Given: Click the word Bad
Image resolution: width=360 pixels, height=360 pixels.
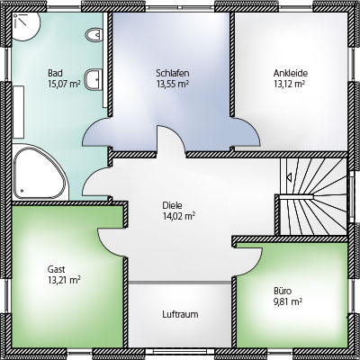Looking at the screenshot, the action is click(55, 73).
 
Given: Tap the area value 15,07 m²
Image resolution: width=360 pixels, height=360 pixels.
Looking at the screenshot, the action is click(64, 84).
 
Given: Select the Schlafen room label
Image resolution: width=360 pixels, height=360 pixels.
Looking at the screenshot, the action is click(173, 73).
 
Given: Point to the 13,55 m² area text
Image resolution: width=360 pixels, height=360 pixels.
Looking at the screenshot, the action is click(172, 84).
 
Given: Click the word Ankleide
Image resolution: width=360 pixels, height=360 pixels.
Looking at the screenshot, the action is click(291, 73).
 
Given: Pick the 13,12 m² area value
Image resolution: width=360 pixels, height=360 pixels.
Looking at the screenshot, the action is click(289, 84).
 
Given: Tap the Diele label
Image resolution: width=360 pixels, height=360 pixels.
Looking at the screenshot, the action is click(172, 205).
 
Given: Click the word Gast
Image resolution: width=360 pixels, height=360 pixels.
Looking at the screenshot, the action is click(56, 269).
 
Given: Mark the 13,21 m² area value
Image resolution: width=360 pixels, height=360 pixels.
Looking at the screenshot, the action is click(64, 280).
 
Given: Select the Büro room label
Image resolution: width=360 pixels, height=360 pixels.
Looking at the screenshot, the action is click(283, 291).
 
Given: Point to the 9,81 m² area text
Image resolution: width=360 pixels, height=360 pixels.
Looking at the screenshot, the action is click(287, 301).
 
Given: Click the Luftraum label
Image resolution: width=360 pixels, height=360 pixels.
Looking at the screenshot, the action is click(180, 314).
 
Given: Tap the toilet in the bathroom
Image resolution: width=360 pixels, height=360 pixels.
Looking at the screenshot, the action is click(94, 35).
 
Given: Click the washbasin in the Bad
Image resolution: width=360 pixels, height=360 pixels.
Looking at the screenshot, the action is click(94, 79).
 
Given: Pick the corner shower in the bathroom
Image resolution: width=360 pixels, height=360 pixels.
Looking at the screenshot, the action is click(26, 26).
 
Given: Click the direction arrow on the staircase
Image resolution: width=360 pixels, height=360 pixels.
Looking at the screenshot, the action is click(290, 177).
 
